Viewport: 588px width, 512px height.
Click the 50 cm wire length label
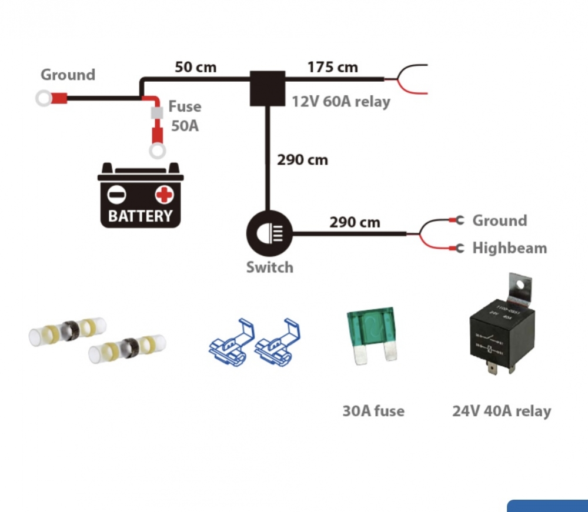(196, 67)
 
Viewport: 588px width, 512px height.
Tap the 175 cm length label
(332, 67)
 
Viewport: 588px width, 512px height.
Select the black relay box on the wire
(267, 89)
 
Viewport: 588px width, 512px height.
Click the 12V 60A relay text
(341, 102)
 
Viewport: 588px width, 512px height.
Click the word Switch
(269, 267)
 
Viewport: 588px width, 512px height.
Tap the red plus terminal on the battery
(165, 194)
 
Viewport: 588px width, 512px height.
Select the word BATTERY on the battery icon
(141, 216)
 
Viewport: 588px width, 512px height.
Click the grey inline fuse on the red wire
(156, 113)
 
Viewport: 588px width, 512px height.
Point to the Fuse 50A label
(185, 116)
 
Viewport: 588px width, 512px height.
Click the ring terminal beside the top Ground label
(44, 98)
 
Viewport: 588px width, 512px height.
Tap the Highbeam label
(509, 248)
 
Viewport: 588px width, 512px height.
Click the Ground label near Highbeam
(499, 220)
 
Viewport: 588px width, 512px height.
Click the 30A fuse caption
(373, 410)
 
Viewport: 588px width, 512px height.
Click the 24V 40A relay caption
(502, 410)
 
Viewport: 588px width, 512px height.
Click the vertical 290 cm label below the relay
(302, 160)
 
